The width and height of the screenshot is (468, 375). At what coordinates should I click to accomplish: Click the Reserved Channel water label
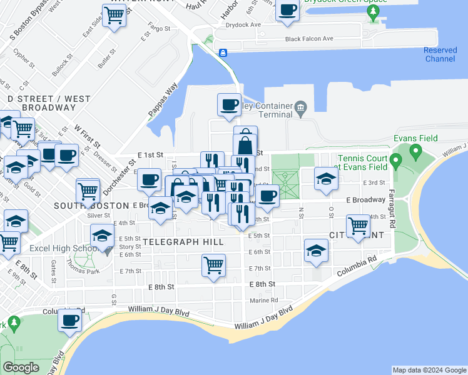(440, 54)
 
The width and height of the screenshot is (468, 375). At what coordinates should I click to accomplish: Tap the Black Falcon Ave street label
(309, 39)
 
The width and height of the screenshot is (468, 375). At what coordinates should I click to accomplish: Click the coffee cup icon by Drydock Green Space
(287, 11)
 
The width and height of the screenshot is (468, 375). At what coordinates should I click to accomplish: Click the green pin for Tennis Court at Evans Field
(395, 162)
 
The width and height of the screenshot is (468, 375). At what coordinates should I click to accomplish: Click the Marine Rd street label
(264, 300)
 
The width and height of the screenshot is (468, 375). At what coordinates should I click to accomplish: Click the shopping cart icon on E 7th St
(213, 265)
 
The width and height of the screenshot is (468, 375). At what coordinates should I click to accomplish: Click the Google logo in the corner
(21, 367)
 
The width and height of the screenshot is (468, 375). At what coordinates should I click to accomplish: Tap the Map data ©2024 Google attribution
(429, 371)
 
